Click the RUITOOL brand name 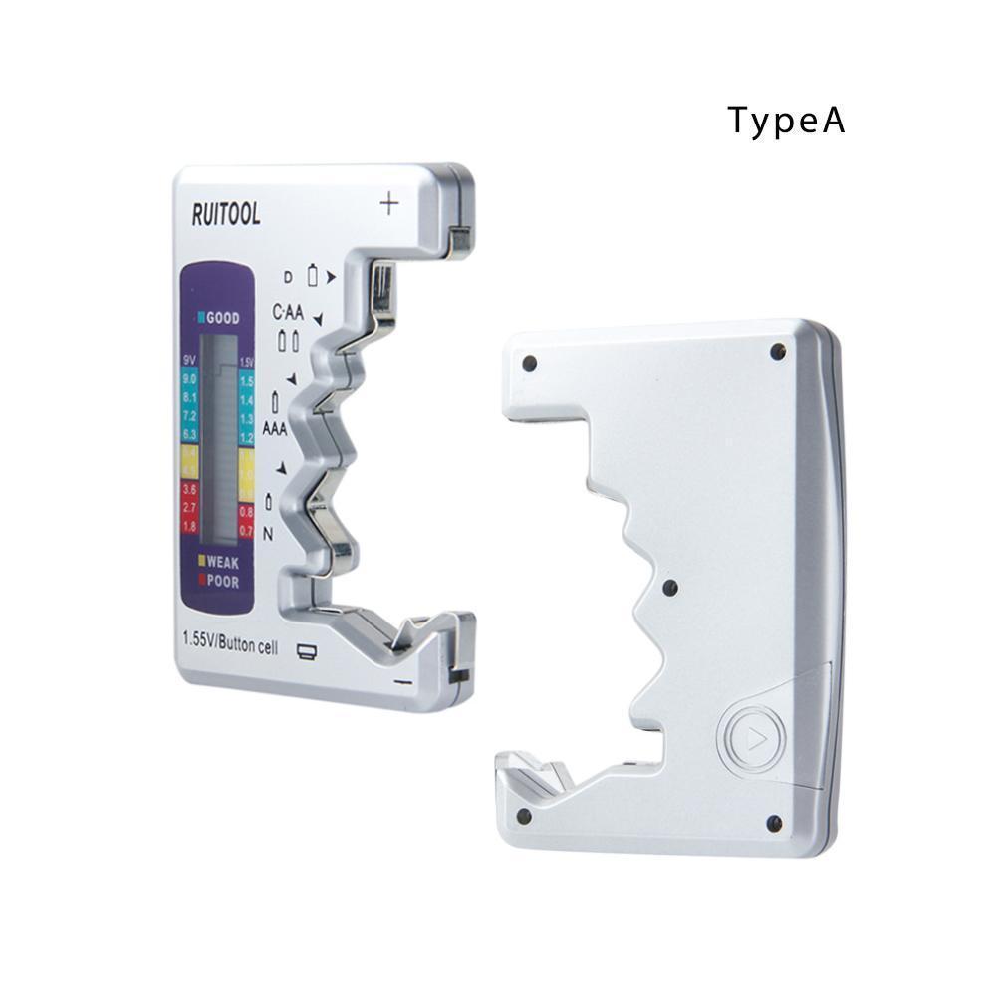226,213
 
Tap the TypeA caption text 786,120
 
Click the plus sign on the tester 389,204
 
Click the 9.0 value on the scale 190,379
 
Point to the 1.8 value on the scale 189,525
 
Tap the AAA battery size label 276,429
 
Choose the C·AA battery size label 289,312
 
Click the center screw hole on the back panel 670,587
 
